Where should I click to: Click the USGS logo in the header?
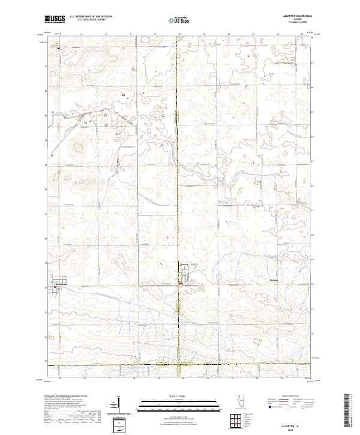click(x=55, y=19)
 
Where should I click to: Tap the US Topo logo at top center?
click(x=175, y=19)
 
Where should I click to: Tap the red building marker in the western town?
click(x=56, y=287)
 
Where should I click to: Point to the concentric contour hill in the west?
click(x=76, y=148)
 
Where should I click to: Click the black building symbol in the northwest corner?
click(x=59, y=48)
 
